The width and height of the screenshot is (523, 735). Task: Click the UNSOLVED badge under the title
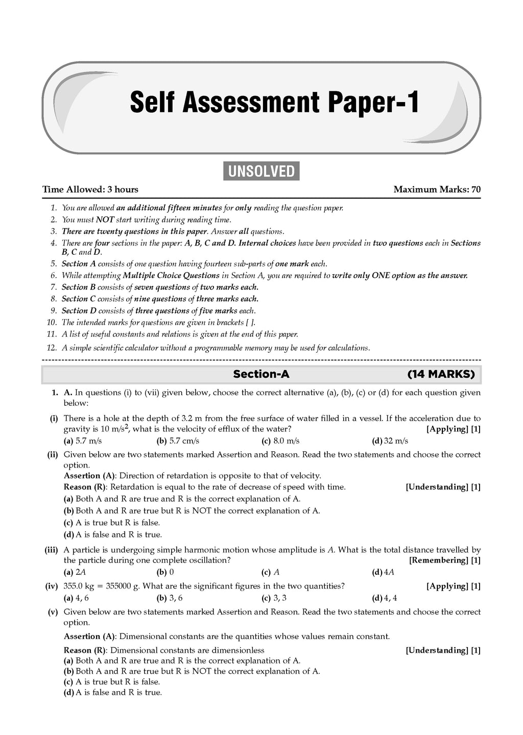pyautogui.click(x=261, y=171)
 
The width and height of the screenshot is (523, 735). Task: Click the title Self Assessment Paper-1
pyautogui.click(x=274, y=103)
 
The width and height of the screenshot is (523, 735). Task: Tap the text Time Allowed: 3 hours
pyautogui.click(x=90, y=189)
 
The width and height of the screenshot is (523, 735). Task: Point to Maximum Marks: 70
pyautogui.click(x=437, y=189)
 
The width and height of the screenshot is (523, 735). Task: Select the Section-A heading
pyautogui.click(x=261, y=374)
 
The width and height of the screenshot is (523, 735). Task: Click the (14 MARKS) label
pyautogui.click(x=441, y=374)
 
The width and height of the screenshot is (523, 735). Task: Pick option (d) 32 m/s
pyautogui.click(x=390, y=441)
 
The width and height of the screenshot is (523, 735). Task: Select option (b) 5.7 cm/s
pyautogui.click(x=178, y=441)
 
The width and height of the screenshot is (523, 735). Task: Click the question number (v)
pyautogui.click(x=53, y=612)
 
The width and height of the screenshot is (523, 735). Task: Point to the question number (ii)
pyautogui.click(x=53, y=454)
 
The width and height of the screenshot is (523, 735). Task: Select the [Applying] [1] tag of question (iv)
pyautogui.click(x=453, y=586)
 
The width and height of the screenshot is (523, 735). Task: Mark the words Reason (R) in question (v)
pyautogui.click(x=85, y=650)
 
